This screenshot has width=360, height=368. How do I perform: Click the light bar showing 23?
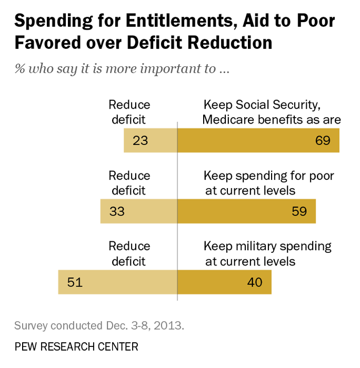(151, 141)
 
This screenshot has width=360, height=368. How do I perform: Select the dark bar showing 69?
(258, 141)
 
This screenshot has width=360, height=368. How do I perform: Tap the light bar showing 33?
(139, 211)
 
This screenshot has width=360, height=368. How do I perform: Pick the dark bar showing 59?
(246, 211)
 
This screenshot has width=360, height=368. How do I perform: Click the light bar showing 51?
(117, 282)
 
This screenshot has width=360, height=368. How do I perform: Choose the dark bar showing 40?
(224, 282)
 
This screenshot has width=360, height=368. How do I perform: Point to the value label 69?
(323, 141)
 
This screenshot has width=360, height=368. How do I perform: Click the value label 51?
(75, 282)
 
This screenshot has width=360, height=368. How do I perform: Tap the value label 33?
(117, 211)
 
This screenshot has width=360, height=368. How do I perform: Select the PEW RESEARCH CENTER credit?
(76, 346)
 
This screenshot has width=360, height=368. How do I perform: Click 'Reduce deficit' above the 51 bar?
(129, 253)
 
